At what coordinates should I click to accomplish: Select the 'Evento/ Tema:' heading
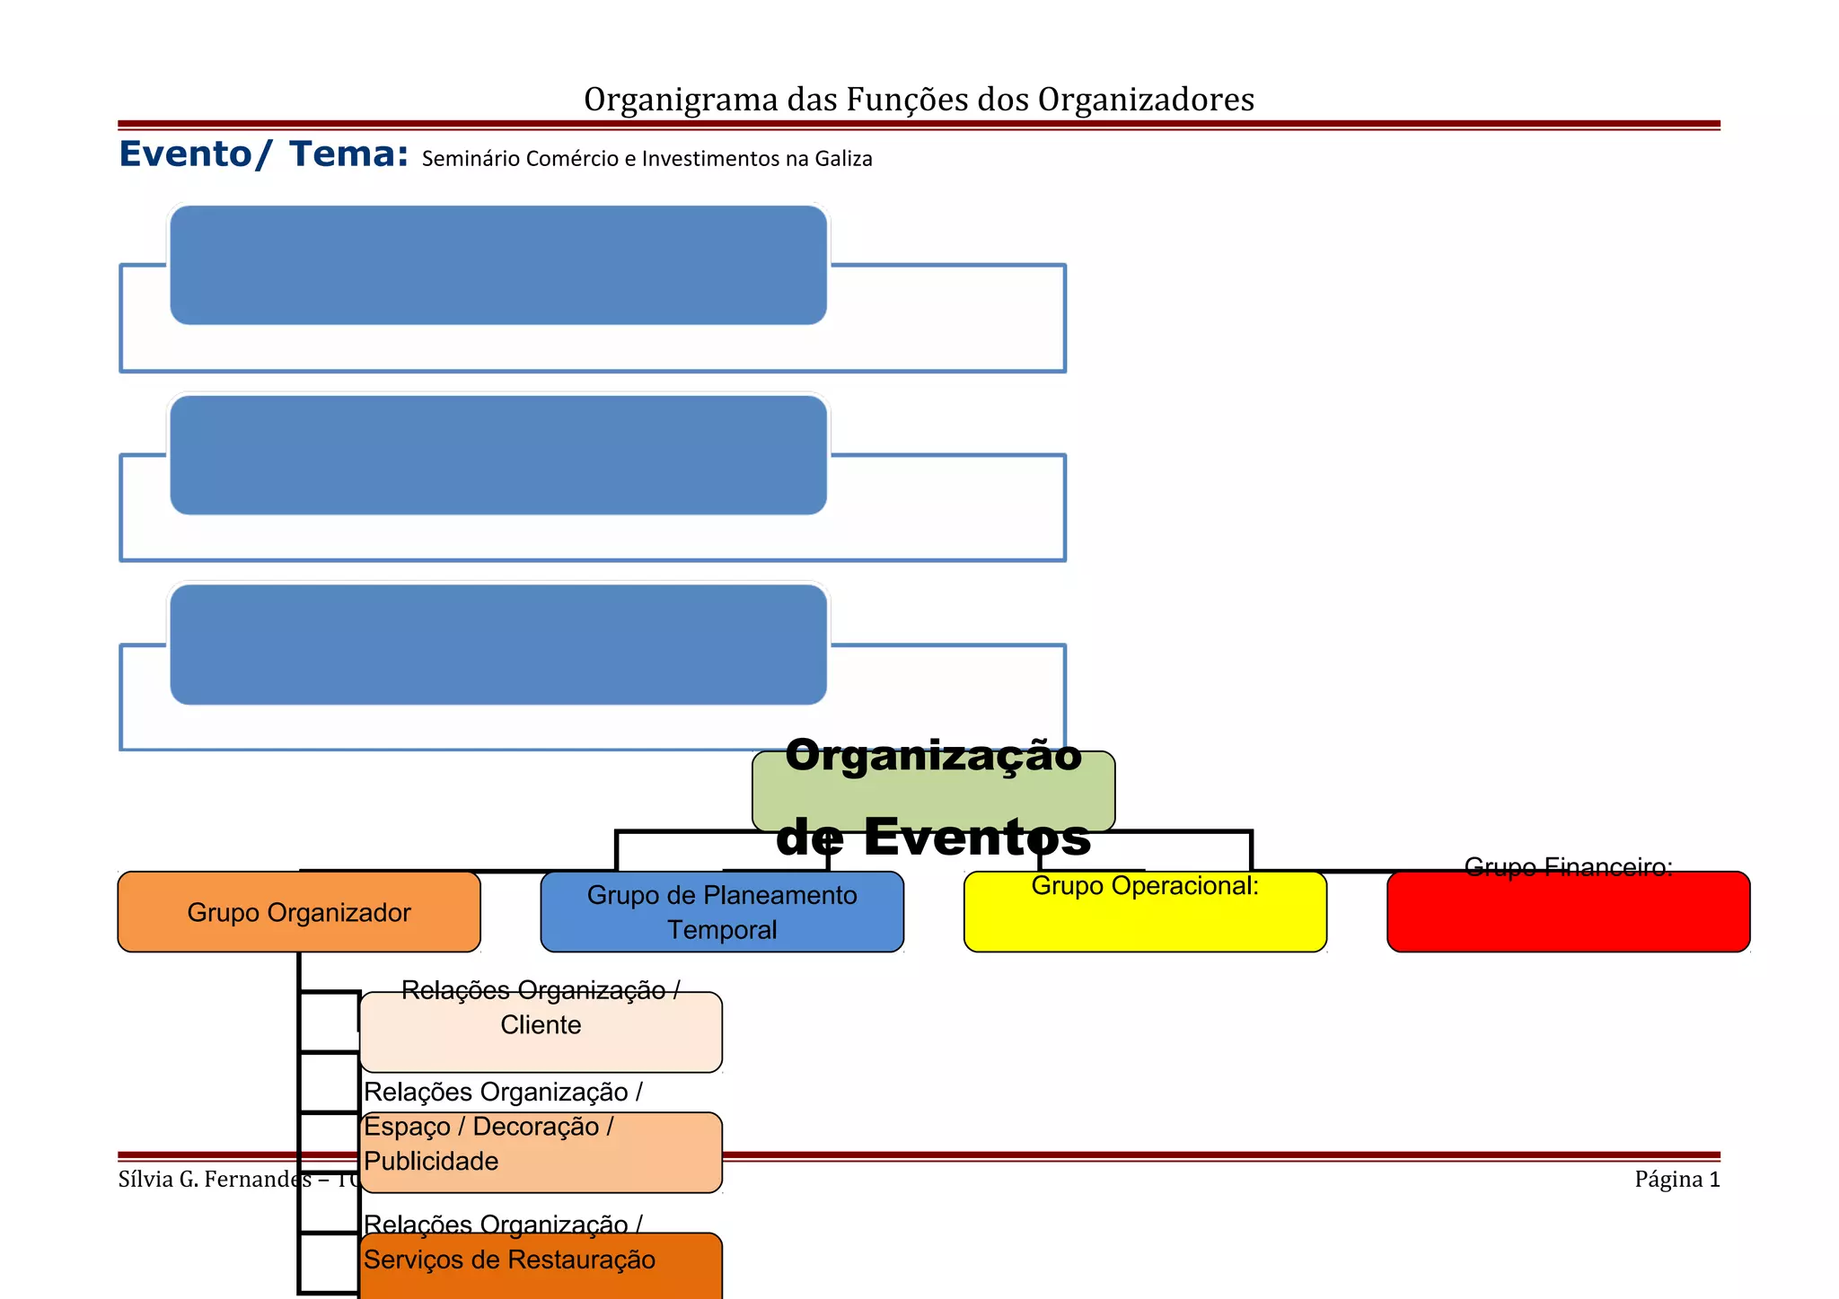(263, 154)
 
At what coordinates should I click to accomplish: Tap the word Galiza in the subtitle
(843, 159)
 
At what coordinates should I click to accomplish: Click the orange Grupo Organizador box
(299, 912)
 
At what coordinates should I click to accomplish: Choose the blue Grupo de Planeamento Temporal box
(722, 912)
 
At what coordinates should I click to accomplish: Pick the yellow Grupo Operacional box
(1145, 920)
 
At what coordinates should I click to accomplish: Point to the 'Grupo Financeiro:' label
(1568, 867)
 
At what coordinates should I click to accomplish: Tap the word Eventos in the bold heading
(977, 837)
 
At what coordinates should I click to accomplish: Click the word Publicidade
(431, 1162)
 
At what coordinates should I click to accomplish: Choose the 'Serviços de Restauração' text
(509, 1260)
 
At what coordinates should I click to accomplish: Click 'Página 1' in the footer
(1676, 1180)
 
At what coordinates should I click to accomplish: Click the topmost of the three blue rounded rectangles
(498, 265)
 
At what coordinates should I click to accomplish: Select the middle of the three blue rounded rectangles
(498, 455)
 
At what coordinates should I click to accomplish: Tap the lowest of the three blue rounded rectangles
(498, 645)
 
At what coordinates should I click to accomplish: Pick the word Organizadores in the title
(1146, 101)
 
